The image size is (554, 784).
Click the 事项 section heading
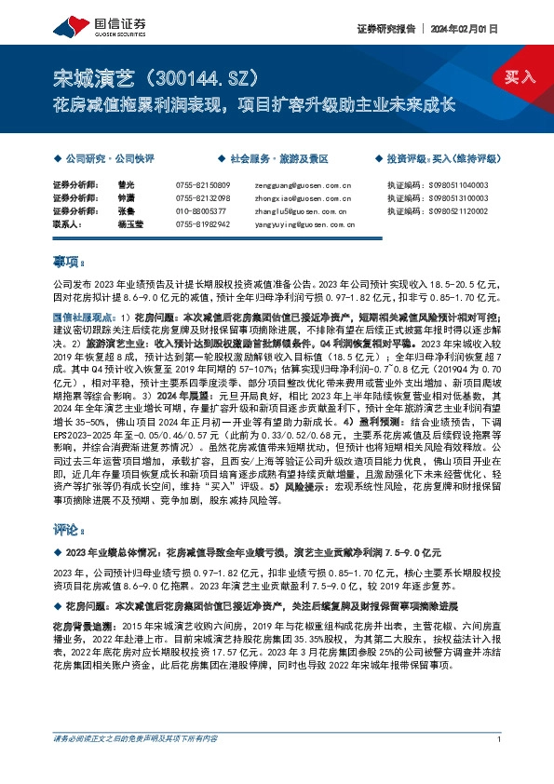[70, 263]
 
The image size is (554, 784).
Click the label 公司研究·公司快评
[108, 160]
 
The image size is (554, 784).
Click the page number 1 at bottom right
[500, 765]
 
